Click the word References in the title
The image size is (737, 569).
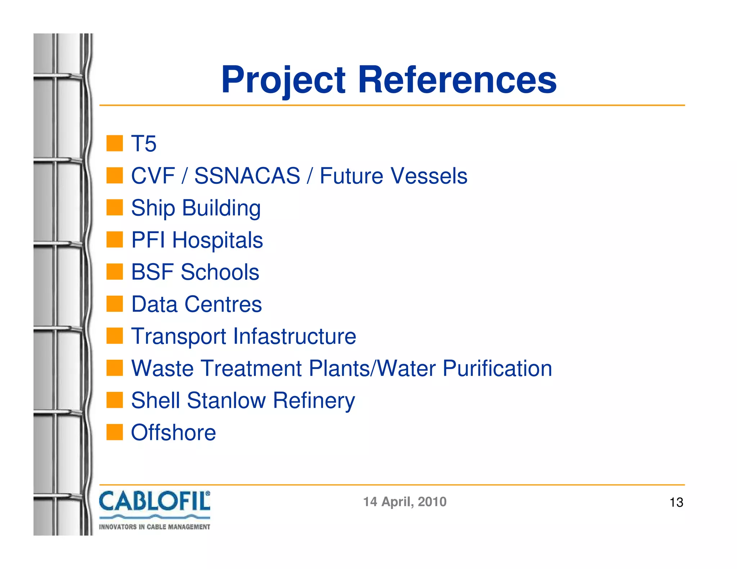click(457, 80)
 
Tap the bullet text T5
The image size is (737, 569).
click(144, 144)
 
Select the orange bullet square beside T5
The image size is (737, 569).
click(115, 143)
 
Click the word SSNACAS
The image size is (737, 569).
click(247, 176)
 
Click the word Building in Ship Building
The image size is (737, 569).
click(221, 208)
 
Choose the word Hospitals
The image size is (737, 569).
click(217, 240)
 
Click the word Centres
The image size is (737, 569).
click(223, 304)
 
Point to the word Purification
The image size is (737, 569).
click(497, 368)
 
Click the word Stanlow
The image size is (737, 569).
click(226, 400)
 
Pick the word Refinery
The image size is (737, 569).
click(314, 401)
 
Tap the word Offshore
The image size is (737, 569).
click(173, 432)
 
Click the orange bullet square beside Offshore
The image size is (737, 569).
click(115, 432)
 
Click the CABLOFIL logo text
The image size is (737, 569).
click(154, 502)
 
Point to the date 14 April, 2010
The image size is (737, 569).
click(404, 502)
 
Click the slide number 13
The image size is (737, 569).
click(676, 502)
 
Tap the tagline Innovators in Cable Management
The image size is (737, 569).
click(154, 527)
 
